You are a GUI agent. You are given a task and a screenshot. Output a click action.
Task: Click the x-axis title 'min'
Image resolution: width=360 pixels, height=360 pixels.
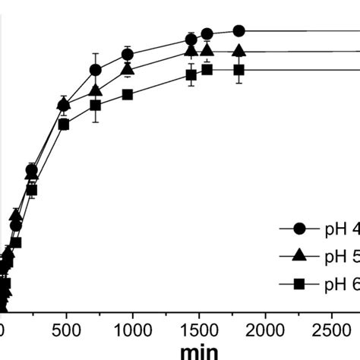point(199,351)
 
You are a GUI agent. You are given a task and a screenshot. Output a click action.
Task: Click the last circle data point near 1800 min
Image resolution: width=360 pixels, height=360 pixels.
point(239,31)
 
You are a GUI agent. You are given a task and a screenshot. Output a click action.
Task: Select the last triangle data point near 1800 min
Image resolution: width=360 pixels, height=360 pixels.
point(239,51)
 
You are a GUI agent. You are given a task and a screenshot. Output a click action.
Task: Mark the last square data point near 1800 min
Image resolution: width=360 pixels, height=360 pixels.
point(239,70)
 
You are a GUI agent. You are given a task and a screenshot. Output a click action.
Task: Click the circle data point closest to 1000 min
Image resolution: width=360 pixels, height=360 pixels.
point(128,54)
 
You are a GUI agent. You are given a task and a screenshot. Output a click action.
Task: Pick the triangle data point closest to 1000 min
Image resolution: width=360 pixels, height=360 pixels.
point(128,69)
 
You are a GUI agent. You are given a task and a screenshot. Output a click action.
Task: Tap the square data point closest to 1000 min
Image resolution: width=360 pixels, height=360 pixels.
point(128,95)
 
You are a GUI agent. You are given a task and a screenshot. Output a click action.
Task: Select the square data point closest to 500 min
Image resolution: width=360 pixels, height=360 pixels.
point(64,124)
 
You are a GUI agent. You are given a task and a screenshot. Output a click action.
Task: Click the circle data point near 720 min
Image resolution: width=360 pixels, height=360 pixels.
point(96,70)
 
